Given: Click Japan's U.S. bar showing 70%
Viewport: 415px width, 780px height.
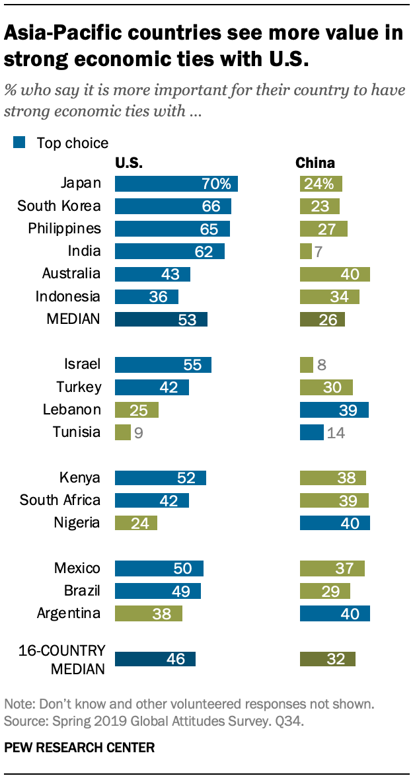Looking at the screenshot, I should [176, 184].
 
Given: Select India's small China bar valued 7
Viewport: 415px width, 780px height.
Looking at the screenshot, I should [305, 251].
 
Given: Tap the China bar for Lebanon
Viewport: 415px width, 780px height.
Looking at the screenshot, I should [334, 410].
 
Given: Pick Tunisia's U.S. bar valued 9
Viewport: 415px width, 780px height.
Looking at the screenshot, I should [122, 432].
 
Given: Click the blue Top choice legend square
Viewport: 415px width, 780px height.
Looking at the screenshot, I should [19, 142].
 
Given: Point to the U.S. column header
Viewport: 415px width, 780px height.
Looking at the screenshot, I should [129, 163].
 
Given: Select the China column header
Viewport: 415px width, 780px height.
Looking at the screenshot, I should [315, 163].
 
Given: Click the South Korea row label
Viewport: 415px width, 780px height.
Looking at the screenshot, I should [59, 206].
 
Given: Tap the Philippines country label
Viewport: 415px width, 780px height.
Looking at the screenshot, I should [64, 229].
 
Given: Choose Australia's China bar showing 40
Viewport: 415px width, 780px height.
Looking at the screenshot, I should [334, 274].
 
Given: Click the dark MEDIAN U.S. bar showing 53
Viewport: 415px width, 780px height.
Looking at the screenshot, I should [161, 319].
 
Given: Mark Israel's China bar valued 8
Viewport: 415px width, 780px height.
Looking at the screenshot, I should [306, 364].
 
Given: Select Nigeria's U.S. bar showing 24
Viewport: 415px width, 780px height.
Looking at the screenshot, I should [135, 523].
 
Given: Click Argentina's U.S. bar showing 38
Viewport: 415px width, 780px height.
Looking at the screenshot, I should [148, 613].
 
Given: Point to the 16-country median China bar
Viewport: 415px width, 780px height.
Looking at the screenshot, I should [328, 658].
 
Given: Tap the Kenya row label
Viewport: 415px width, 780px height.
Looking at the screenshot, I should [79, 477].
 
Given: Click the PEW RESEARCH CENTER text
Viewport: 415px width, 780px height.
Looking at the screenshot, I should [79, 748].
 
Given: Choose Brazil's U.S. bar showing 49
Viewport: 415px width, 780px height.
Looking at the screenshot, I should [157, 590].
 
